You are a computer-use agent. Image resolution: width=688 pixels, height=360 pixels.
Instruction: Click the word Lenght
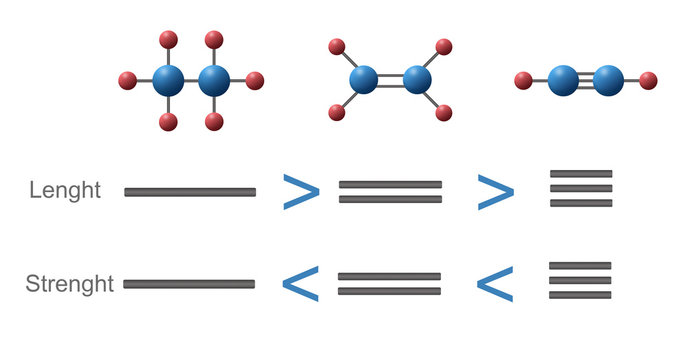[x=65, y=191]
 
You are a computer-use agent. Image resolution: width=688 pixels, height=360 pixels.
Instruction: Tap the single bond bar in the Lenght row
[x=190, y=192]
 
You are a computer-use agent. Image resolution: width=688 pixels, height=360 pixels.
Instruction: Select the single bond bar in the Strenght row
[x=189, y=284]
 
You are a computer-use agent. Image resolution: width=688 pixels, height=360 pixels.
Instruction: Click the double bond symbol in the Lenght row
[x=390, y=192]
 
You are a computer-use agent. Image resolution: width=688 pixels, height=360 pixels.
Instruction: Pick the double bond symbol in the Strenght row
[x=389, y=284]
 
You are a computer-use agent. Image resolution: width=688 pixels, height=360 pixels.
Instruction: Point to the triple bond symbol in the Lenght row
[x=581, y=188]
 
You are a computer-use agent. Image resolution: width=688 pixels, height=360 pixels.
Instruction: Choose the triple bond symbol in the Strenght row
[x=580, y=281]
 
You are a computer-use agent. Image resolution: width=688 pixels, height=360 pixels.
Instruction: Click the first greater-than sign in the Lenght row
[x=300, y=192]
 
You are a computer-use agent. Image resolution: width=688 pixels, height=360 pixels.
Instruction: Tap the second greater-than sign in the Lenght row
[x=495, y=192]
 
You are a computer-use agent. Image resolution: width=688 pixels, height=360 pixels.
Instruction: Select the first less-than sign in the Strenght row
[x=301, y=285]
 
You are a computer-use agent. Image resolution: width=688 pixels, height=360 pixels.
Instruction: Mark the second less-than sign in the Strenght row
[x=494, y=285]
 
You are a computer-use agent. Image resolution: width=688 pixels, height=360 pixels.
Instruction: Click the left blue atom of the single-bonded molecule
[x=168, y=80]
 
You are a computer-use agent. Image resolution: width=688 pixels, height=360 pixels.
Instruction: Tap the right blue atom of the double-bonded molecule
[x=417, y=80]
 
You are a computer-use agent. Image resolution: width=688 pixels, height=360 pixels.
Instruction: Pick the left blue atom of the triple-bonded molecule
[x=563, y=80]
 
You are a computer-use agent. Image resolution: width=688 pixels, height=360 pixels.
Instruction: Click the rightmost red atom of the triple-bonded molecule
[x=648, y=80]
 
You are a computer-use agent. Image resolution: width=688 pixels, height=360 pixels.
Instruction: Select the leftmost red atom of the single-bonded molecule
[x=127, y=80]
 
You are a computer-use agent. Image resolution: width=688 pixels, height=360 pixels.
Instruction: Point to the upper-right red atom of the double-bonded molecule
[x=444, y=47]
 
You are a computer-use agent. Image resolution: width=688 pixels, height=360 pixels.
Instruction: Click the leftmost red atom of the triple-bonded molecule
[x=522, y=80]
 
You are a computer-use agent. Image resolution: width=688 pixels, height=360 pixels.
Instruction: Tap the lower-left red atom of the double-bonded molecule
[x=337, y=113]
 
